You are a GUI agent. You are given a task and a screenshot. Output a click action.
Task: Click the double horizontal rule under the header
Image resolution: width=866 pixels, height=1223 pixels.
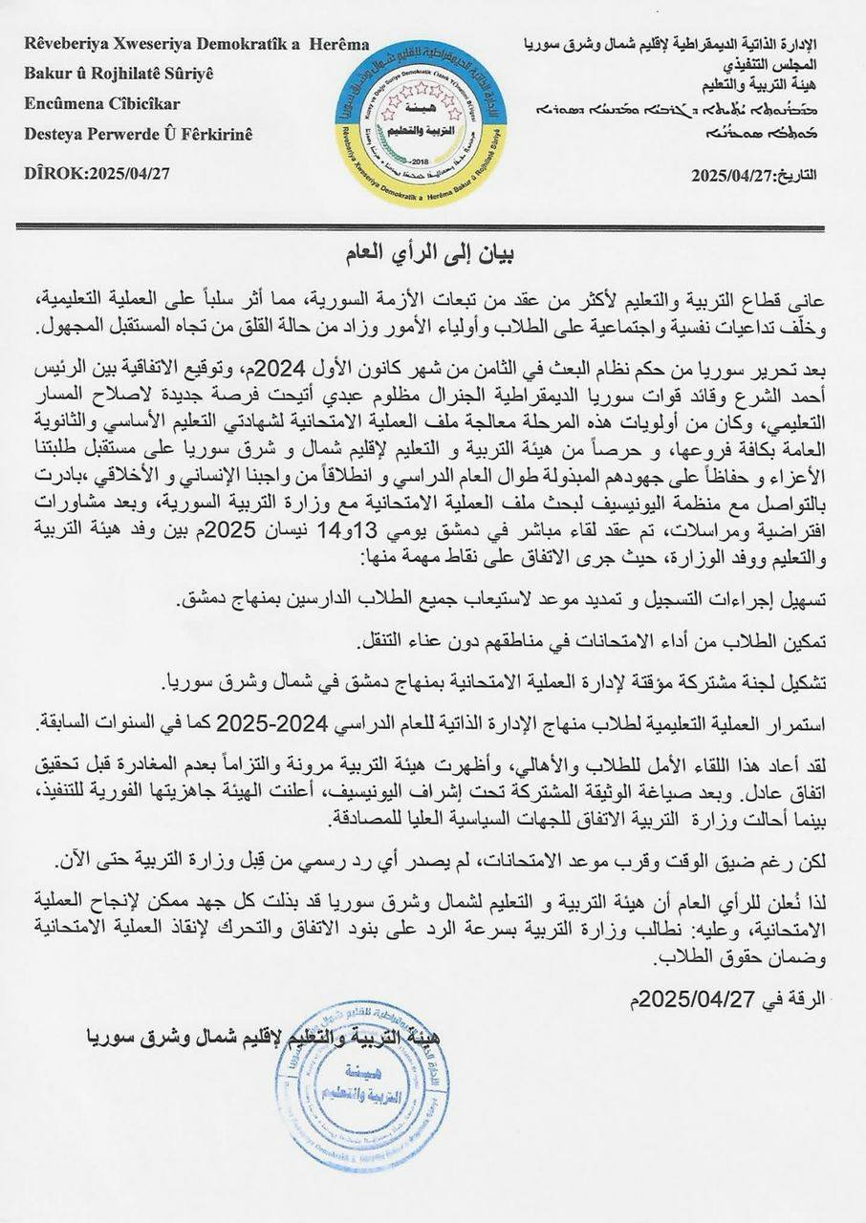(x=433, y=226)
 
